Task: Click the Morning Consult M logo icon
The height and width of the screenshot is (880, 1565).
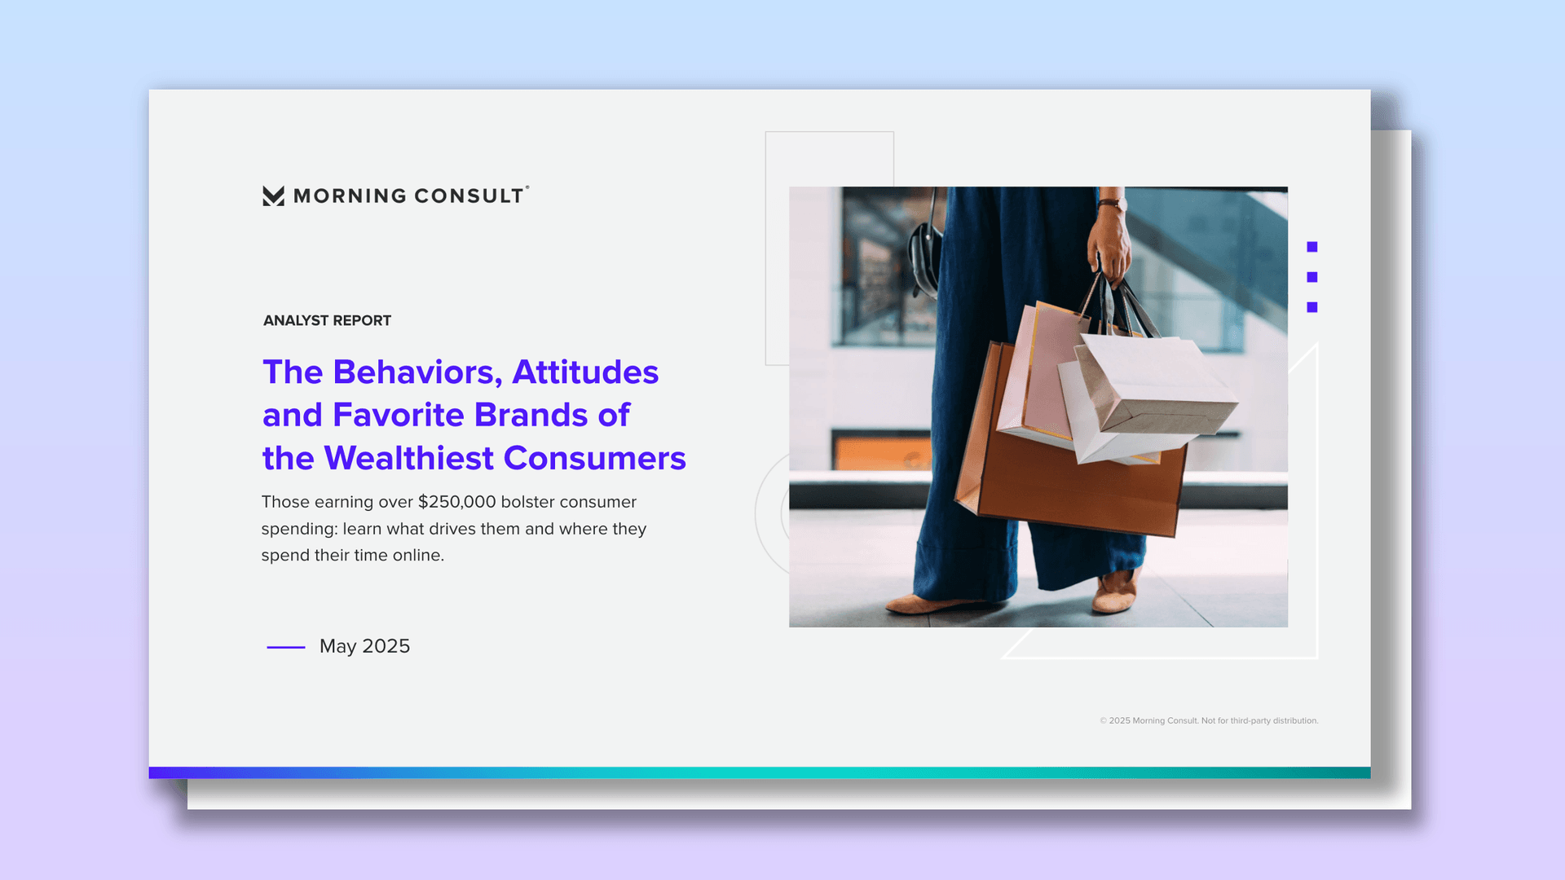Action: pyautogui.click(x=273, y=196)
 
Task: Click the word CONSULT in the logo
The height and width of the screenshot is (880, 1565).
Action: pyautogui.click(x=469, y=196)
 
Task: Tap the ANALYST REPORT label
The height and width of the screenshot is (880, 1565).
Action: pyautogui.click(x=327, y=320)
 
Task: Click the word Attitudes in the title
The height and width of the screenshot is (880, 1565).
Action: pyautogui.click(x=585, y=372)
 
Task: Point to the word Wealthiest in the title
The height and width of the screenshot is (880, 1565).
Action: pyautogui.click(x=409, y=458)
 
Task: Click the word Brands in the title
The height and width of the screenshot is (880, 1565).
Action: pyautogui.click(x=531, y=415)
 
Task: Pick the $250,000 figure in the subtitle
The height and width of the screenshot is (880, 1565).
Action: pyautogui.click(x=456, y=502)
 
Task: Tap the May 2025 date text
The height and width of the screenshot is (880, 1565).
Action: pyautogui.click(x=364, y=646)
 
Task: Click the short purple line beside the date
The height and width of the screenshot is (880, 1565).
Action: pyautogui.click(x=286, y=647)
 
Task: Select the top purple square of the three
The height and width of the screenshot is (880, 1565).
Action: pyautogui.click(x=1312, y=247)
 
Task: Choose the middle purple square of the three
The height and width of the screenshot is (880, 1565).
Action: pyautogui.click(x=1312, y=277)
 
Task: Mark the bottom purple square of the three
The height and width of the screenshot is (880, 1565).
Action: pyautogui.click(x=1312, y=307)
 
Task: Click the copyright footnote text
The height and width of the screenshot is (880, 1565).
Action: pyautogui.click(x=1209, y=720)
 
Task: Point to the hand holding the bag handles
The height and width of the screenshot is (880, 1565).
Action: pyautogui.click(x=1110, y=244)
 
